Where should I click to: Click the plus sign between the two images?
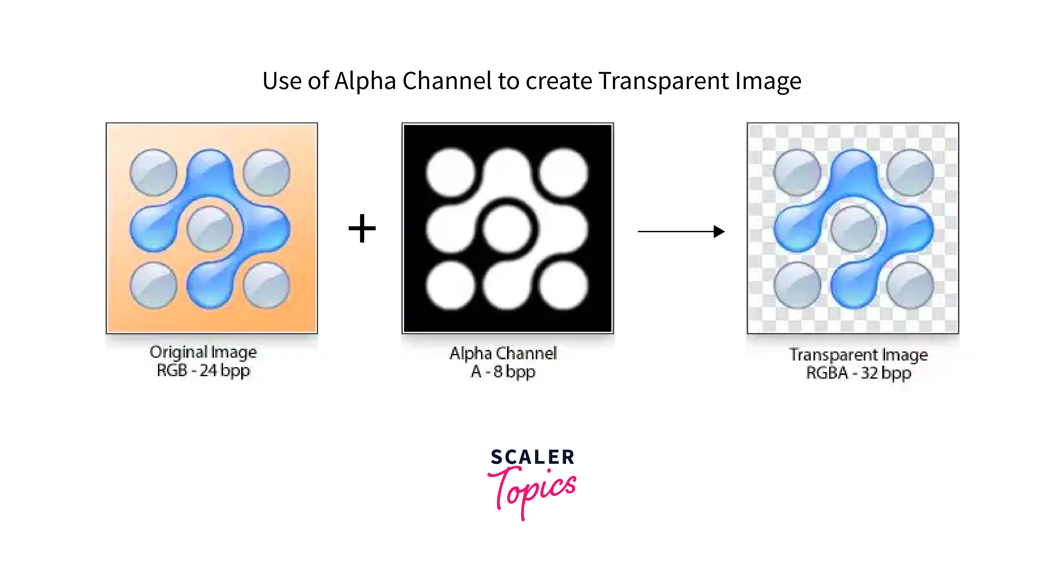click(362, 228)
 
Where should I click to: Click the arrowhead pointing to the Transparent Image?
click(719, 232)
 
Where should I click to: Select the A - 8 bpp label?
click(503, 372)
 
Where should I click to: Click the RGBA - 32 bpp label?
click(859, 373)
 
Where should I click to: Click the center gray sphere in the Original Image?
click(210, 229)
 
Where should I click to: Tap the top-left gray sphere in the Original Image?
click(154, 172)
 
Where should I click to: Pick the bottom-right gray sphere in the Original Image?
click(267, 286)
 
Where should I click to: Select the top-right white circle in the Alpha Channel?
click(563, 172)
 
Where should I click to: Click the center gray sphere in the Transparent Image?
click(854, 229)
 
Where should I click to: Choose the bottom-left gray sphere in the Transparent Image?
click(797, 286)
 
